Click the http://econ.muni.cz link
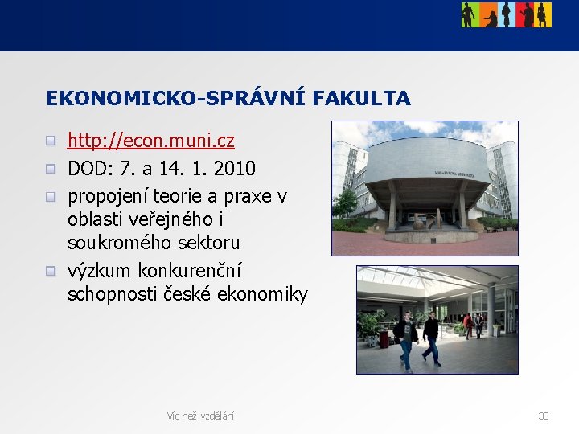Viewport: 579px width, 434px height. [150, 141]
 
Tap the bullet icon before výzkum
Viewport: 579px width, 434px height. [51, 270]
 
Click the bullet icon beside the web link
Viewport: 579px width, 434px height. [51, 141]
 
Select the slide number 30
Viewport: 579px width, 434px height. [543, 416]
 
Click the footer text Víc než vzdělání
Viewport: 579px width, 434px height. [200, 416]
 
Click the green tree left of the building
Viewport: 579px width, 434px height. [346, 205]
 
